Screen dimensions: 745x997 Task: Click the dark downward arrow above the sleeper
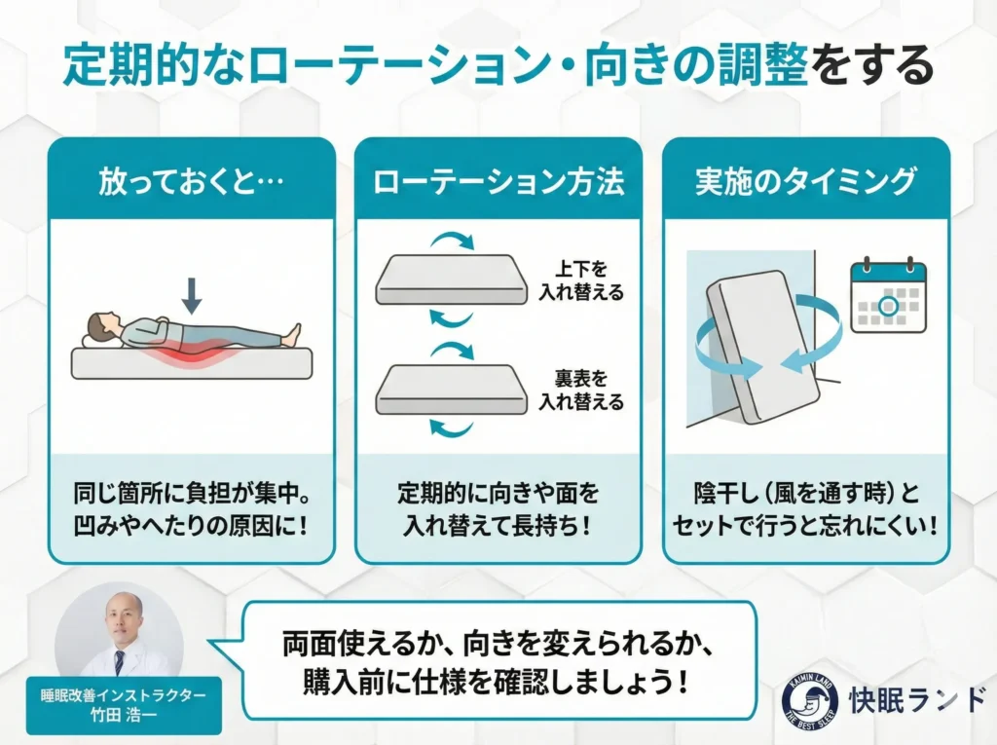192,295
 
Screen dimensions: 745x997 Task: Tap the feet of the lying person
292,334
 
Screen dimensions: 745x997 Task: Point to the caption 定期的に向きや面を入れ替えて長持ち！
498,509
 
